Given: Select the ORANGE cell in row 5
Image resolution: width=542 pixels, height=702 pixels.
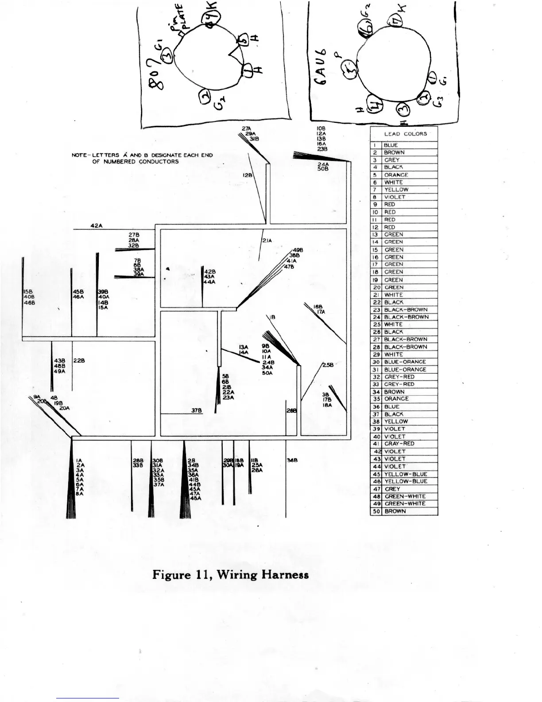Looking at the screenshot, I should pos(396,175).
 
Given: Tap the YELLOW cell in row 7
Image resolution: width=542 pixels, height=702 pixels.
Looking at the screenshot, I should pos(396,190).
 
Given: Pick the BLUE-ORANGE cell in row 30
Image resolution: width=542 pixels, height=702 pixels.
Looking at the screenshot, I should pos(405,362).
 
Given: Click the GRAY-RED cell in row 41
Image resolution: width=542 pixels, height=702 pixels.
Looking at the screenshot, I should pos(399,444).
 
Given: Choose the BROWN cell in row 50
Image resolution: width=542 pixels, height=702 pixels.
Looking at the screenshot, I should pos(395,511).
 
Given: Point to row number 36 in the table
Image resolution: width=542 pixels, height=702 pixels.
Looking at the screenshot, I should pos(376,407).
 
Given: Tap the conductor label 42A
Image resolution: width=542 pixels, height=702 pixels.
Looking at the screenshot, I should pos(96,226).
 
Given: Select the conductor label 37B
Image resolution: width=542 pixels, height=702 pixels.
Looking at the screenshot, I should pos(197,410).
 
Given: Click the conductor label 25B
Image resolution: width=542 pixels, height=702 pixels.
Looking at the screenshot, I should pos(328,365).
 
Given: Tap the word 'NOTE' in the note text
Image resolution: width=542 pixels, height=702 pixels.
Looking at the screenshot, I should pos(79,156).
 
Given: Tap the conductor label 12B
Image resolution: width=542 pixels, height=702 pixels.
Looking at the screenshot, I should pos(248,175).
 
